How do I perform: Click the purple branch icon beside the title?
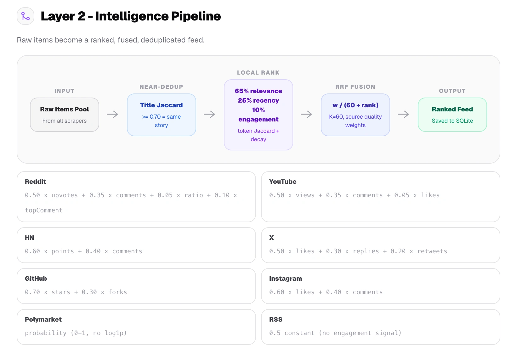pyautogui.click(x=26, y=16)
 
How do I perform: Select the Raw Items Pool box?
pyautogui.click(x=65, y=115)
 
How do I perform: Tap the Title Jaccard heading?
pyautogui.click(x=161, y=105)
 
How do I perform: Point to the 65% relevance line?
pyautogui.click(x=258, y=91)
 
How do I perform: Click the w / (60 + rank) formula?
pyautogui.click(x=355, y=105)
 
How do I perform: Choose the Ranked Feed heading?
pyautogui.click(x=452, y=109)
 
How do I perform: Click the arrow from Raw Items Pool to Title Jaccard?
pyautogui.click(x=112, y=114)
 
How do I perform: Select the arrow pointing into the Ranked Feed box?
pyautogui.click(x=403, y=114)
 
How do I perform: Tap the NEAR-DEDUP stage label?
pyautogui.click(x=161, y=87)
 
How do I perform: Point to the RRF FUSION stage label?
pyautogui.click(x=355, y=87)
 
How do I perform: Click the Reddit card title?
pyautogui.click(x=36, y=182)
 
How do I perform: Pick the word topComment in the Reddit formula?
pyautogui.click(x=44, y=210)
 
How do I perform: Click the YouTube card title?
pyautogui.click(x=283, y=182)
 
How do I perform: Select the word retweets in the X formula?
pyautogui.click(x=432, y=251)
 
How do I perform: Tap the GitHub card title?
pyautogui.click(x=36, y=278)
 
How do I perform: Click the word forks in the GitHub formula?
pyautogui.click(x=118, y=292)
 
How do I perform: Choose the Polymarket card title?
pyautogui.click(x=43, y=319)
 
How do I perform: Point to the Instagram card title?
pyautogui.click(x=285, y=278)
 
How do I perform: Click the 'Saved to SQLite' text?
pyautogui.click(x=452, y=121)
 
